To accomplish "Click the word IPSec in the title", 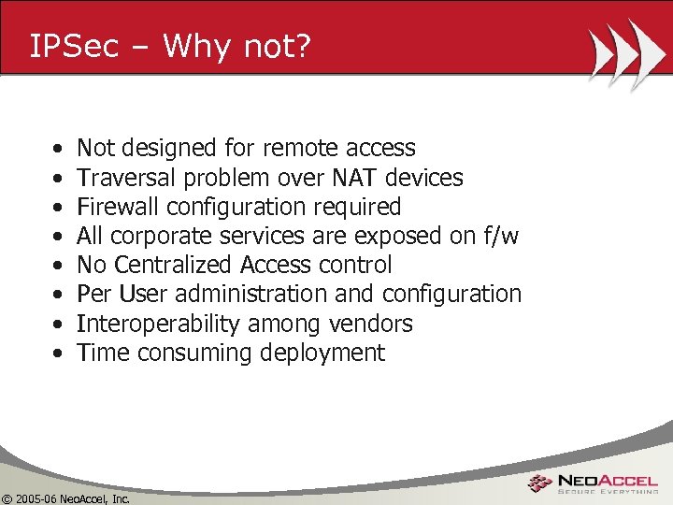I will click(x=75, y=47).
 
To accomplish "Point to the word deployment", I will click(x=325, y=353).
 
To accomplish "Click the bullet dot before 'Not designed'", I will click(x=59, y=149).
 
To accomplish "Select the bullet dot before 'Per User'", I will click(x=59, y=295).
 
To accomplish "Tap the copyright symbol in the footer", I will click(x=7, y=498).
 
